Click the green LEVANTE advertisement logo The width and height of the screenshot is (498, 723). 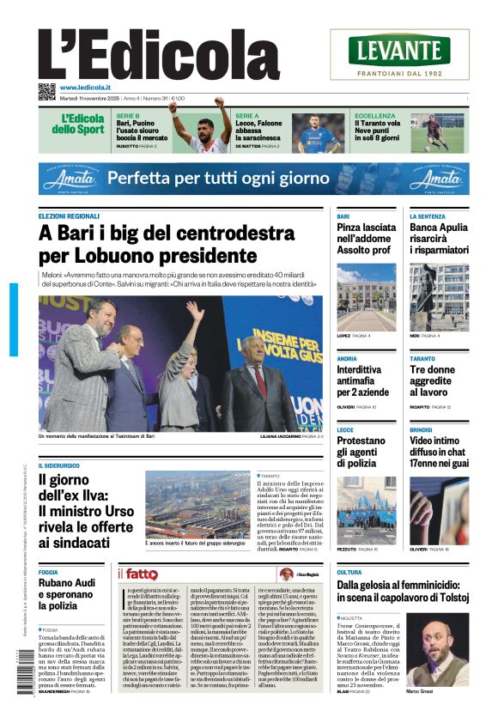tap(399, 50)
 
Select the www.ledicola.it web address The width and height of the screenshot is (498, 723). tap(85, 88)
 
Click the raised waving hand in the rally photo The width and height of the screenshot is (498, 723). tap(195, 311)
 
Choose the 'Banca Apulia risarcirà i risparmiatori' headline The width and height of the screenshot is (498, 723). tap(439, 239)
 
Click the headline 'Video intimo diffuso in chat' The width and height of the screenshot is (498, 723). tap(439, 452)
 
